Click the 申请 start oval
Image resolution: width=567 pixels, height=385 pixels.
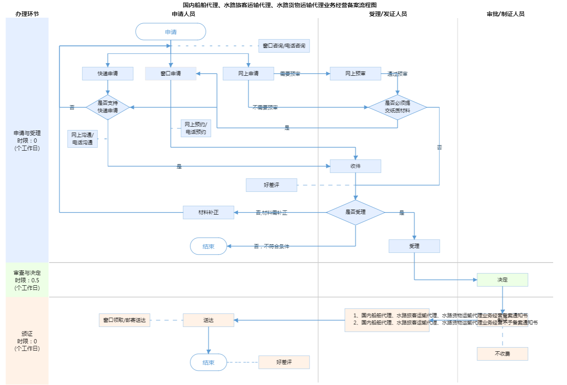(x=171, y=32)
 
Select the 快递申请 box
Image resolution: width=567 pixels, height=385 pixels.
(x=108, y=74)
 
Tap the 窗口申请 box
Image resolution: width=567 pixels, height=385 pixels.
(x=171, y=74)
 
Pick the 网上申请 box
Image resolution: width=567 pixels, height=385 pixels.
(x=248, y=74)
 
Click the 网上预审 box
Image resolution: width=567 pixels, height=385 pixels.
(x=355, y=74)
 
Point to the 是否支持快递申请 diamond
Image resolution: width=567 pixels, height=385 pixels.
(x=108, y=107)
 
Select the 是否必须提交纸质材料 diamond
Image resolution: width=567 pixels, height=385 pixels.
(x=397, y=107)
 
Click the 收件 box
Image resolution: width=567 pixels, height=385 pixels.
(x=355, y=166)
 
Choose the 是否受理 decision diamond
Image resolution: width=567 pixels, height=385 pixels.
(x=355, y=212)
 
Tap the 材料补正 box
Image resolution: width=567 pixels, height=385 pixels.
(x=208, y=212)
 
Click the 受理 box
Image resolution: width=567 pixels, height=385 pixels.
(x=414, y=246)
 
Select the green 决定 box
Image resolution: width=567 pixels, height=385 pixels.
(x=502, y=280)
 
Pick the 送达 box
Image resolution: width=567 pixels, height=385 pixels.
(x=208, y=320)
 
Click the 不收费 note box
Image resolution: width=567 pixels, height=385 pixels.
(x=502, y=354)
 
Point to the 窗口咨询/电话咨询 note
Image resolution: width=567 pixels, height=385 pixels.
(x=284, y=46)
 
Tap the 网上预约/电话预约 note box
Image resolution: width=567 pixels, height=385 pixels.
(x=196, y=128)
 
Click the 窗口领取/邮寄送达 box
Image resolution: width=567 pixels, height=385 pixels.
(x=124, y=320)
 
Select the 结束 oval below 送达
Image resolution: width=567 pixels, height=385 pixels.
(x=208, y=362)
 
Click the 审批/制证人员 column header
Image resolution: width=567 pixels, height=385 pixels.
(x=506, y=14)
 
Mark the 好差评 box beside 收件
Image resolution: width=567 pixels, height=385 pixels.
(x=271, y=185)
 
